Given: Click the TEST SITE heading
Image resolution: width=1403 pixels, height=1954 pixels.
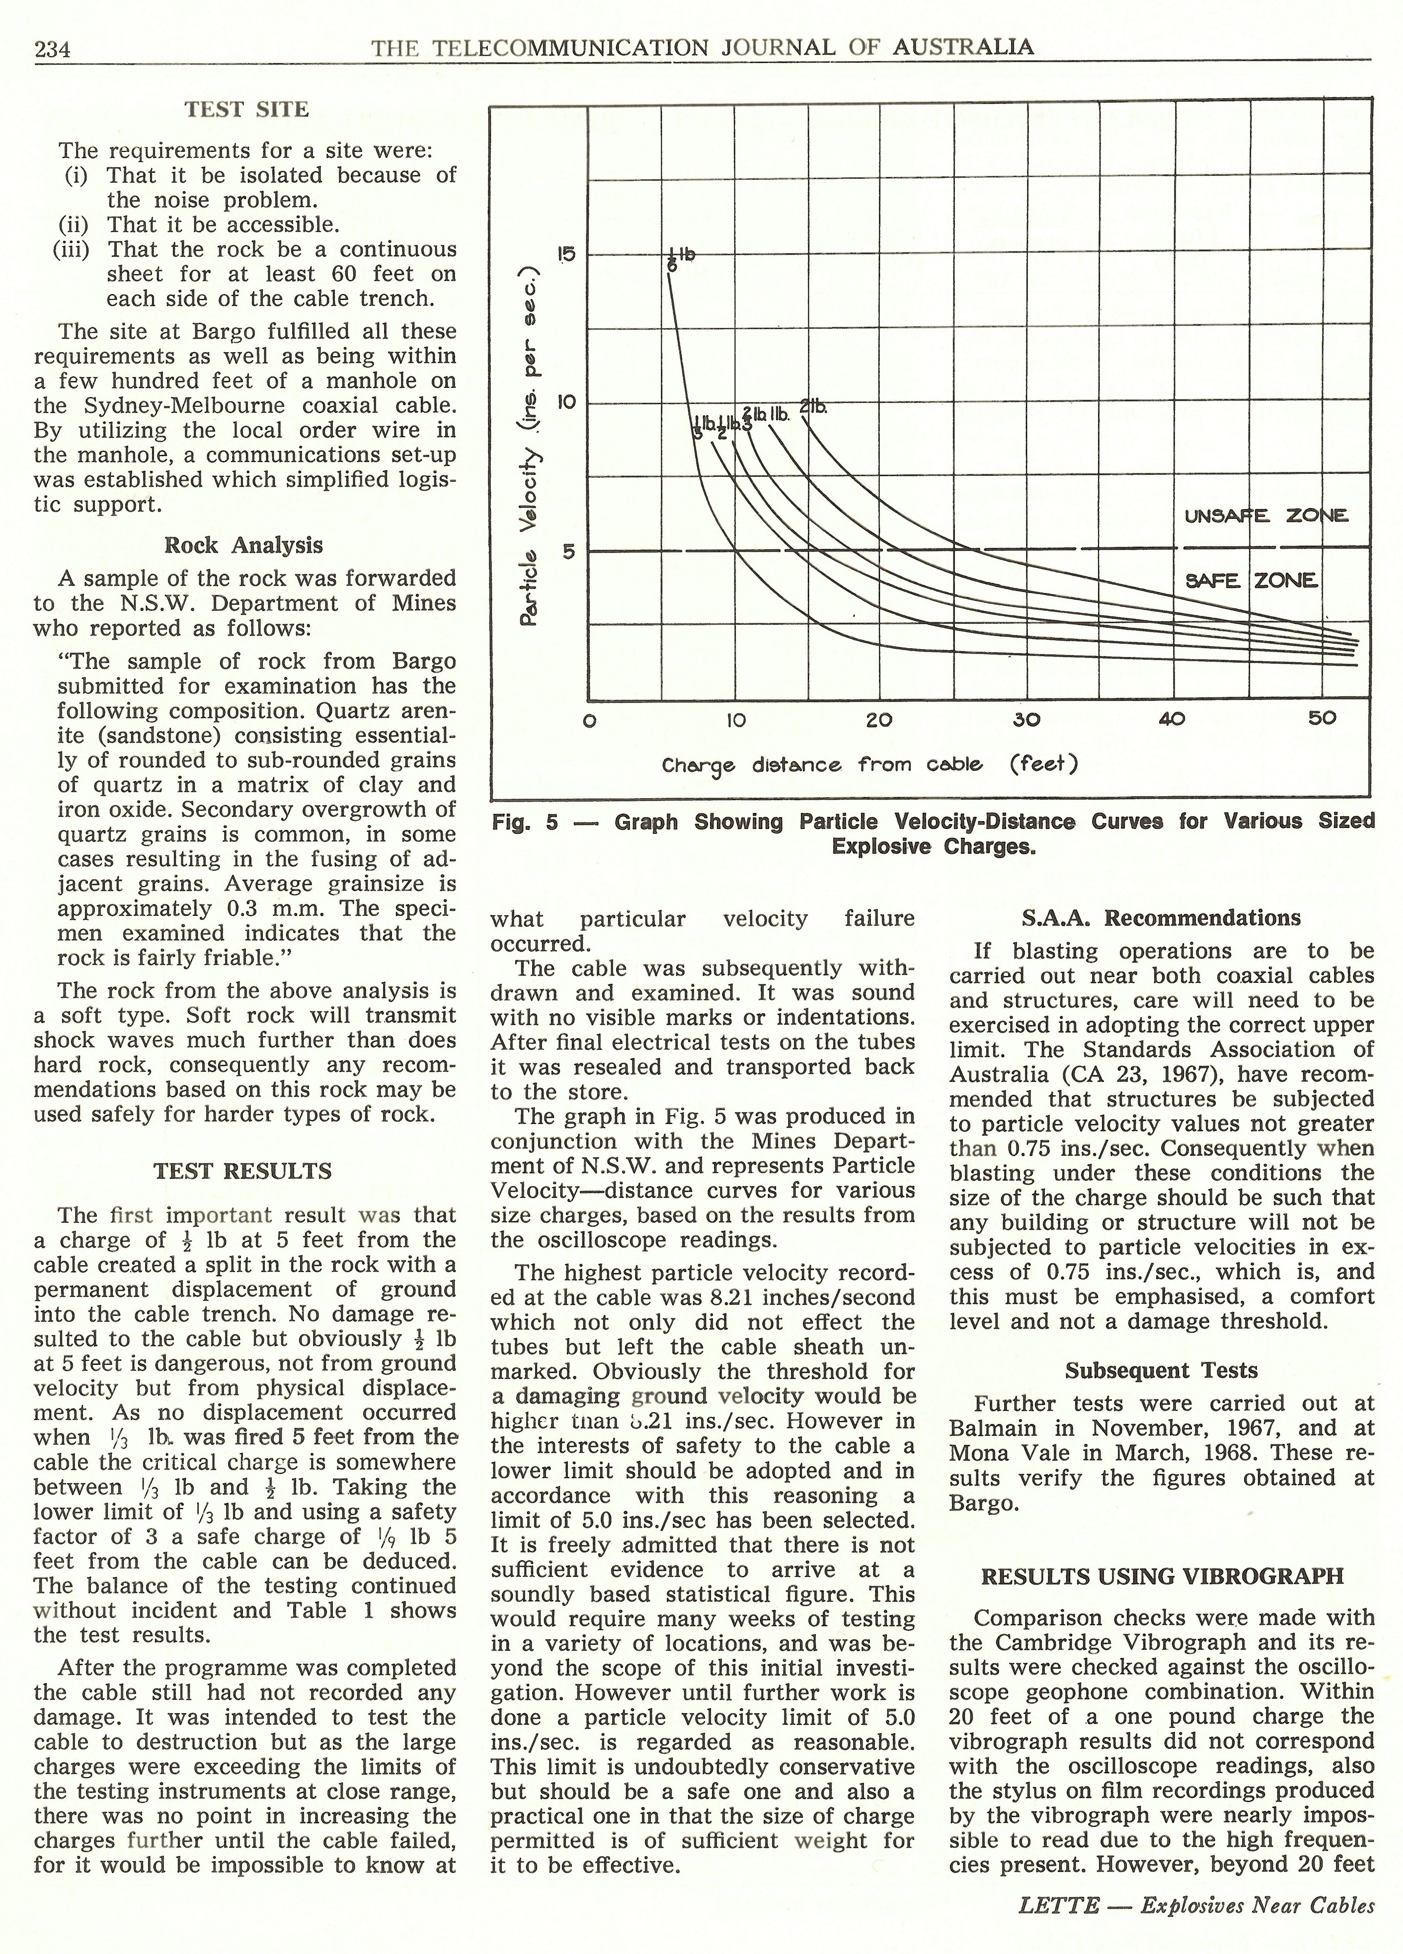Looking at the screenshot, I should (246, 109).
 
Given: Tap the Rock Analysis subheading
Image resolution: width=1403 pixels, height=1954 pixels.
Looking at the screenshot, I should (244, 545).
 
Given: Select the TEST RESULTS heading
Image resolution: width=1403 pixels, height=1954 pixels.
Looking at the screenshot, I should (242, 1171).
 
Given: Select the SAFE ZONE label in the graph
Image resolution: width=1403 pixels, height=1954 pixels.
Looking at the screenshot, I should (1252, 581).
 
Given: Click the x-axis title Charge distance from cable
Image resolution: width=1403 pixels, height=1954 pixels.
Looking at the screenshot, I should (869, 764).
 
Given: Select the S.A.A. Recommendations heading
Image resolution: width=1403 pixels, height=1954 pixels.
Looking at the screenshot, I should (1161, 917).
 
